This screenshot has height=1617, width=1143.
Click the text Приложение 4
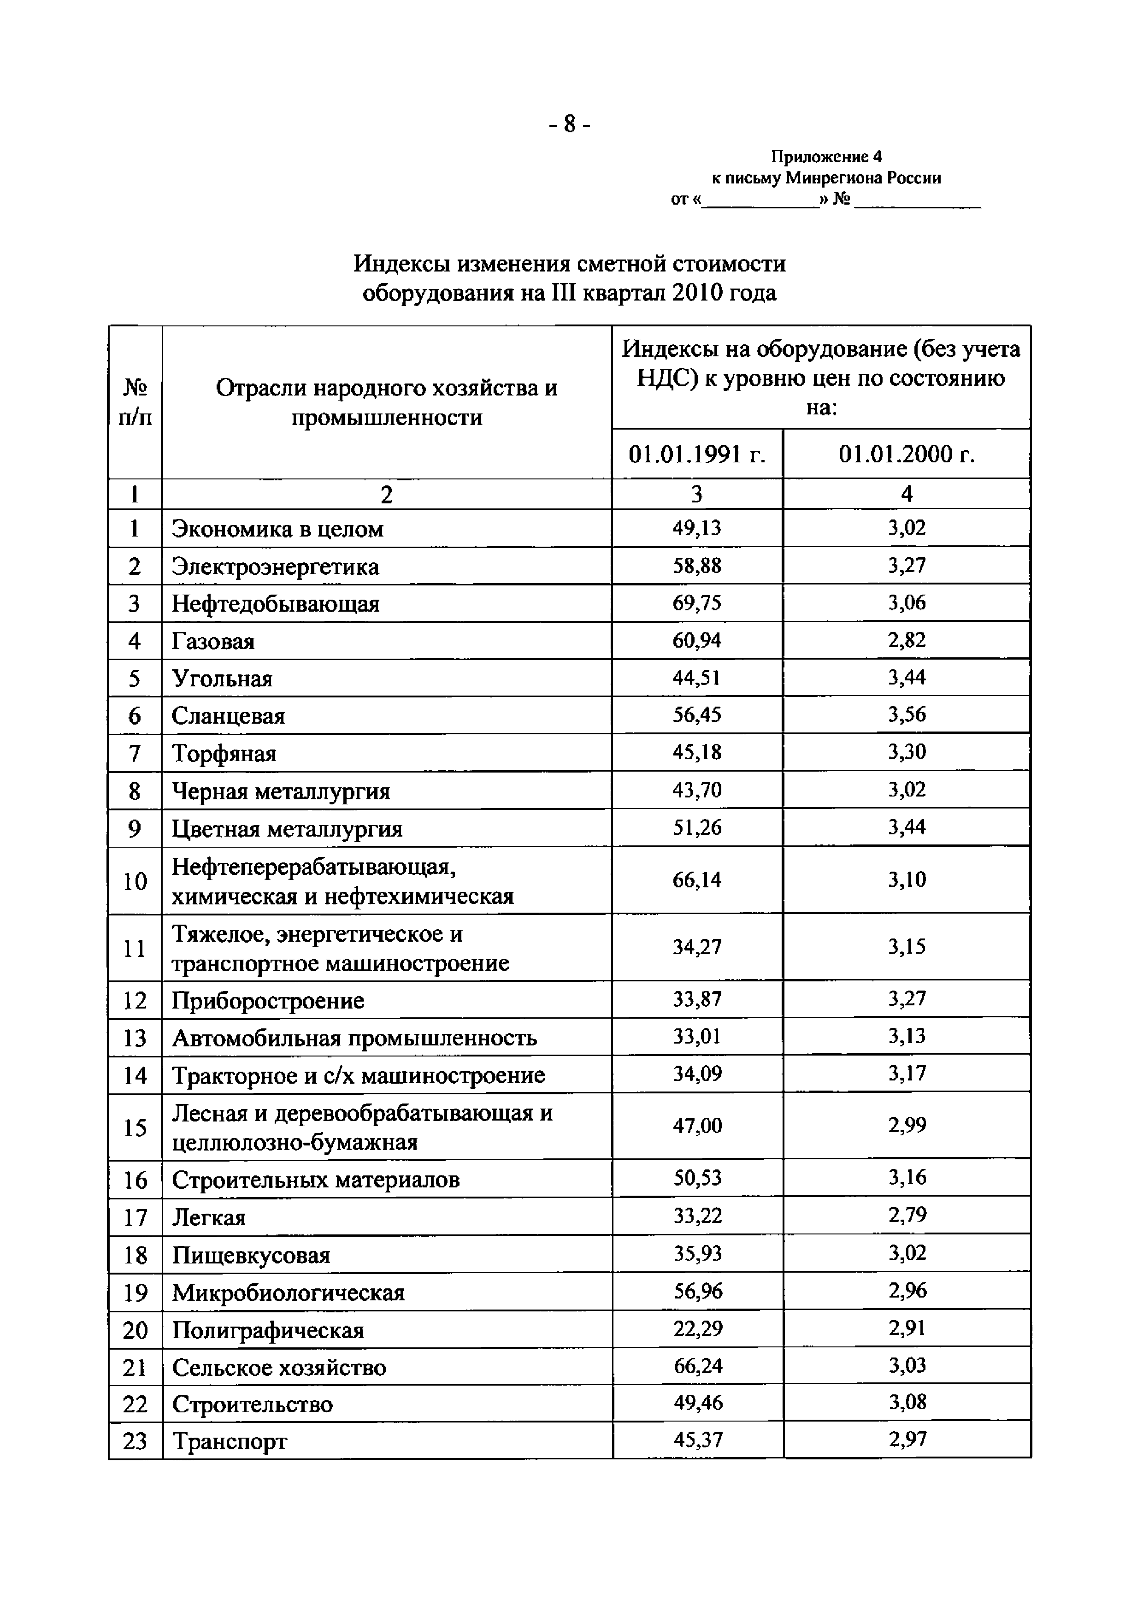(825, 156)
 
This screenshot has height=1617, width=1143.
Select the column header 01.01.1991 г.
(696, 454)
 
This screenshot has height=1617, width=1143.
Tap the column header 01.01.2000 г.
(907, 454)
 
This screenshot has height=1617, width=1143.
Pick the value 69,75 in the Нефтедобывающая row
(696, 603)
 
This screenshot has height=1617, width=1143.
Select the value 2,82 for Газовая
(907, 641)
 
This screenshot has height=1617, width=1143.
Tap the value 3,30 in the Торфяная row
(907, 753)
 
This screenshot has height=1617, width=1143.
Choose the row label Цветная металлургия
(287, 829)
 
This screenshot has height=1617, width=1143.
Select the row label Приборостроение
(268, 1001)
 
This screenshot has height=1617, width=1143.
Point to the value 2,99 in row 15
(907, 1126)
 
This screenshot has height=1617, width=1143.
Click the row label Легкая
(209, 1218)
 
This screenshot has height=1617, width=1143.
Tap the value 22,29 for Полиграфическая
(696, 1329)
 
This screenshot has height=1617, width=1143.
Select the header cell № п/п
(135, 402)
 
